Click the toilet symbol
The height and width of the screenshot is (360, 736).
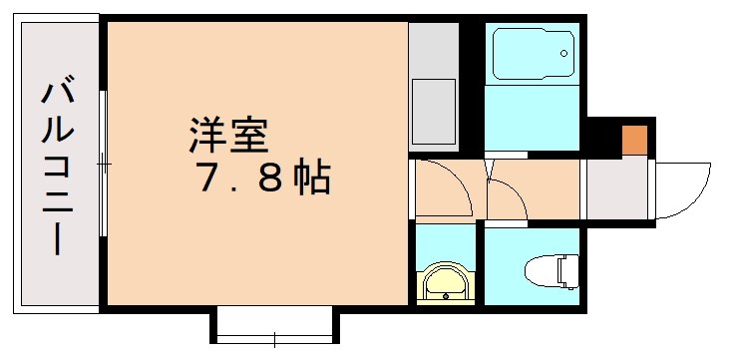pyautogui.click(x=552, y=269)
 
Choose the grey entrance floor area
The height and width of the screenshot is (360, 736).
pyautogui.click(x=616, y=189)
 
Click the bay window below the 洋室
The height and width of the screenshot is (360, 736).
pyautogui.click(x=275, y=325)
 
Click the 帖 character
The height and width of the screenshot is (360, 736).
pyautogui.click(x=311, y=179)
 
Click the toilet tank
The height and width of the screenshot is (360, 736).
pyautogui.click(x=567, y=268)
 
